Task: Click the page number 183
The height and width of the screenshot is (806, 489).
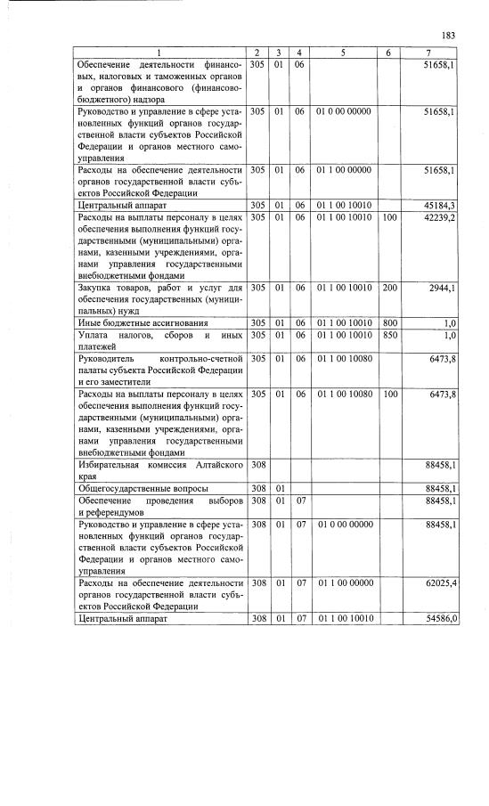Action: [x=448, y=36]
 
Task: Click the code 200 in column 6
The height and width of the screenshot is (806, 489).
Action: [x=388, y=288]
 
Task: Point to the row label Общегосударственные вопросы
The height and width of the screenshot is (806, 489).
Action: [x=143, y=488]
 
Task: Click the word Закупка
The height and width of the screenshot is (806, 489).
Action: [x=98, y=288]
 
